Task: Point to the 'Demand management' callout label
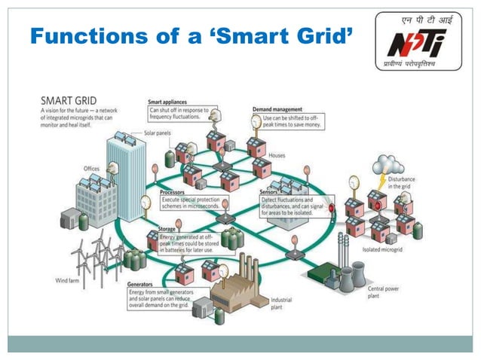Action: pos(277,109)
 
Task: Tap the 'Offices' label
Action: pos(91,168)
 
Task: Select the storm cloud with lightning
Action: pos(391,163)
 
